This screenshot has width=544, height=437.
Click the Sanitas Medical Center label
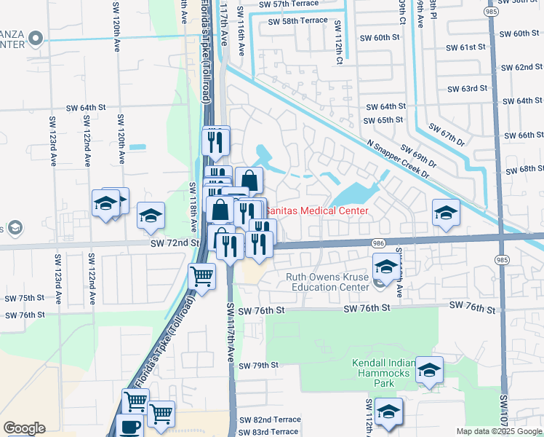tap(316, 210)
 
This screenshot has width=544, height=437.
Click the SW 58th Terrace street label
tap(290, 22)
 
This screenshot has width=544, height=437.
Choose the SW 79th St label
tap(258, 365)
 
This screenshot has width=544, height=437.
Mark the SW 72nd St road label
tap(175, 243)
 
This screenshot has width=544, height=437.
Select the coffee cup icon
tap(130, 428)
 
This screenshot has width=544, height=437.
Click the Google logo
tap(24, 428)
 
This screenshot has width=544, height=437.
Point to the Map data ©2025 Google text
tap(499, 431)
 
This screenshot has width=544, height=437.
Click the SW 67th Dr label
tap(446, 135)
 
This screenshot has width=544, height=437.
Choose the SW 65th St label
tap(384, 120)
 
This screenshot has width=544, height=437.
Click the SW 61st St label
tap(466, 47)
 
